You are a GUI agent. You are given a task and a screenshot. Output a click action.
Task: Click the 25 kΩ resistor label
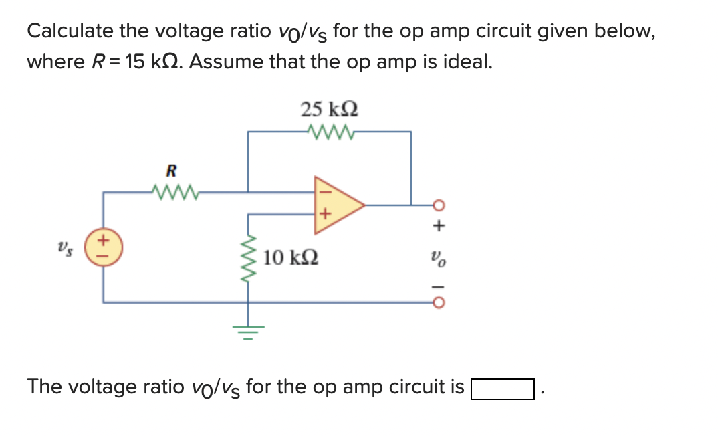click(329, 108)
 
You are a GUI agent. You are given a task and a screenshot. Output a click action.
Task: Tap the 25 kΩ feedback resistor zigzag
click(329, 131)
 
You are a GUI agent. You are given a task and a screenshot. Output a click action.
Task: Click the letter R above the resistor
click(171, 170)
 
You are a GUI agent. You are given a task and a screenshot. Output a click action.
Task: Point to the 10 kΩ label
click(290, 257)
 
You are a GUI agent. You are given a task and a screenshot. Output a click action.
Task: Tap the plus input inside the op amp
click(325, 215)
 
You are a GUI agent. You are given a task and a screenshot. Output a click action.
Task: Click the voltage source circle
click(103, 246)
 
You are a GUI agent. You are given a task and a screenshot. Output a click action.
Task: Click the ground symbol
click(249, 330)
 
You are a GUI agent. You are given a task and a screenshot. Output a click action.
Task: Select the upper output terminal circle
click(437, 205)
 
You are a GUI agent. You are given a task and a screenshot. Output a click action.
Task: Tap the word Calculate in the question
click(70, 31)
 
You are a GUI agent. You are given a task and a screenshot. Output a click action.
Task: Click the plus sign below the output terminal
click(439, 227)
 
